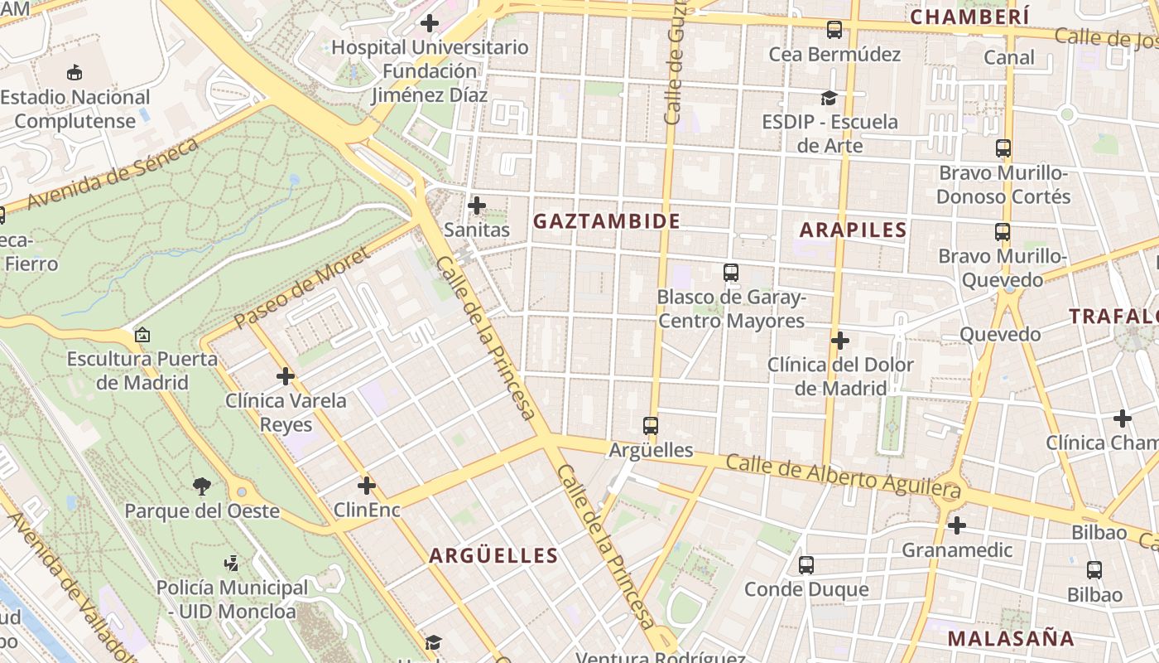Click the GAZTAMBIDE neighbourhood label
coord(607,221)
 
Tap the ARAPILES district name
coord(854,230)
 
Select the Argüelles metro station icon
coord(651,426)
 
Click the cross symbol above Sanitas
coord(477,206)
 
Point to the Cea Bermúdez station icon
coord(834,31)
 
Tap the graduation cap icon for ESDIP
coord(829,99)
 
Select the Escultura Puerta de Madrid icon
coord(142,336)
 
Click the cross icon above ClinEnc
coord(367,486)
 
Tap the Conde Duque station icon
coord(806,565)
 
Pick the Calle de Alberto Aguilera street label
coord(844,477)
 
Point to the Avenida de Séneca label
coord(113,174)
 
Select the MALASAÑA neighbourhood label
coord(1011,638)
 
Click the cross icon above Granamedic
coord(957,525)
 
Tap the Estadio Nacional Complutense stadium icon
coord(75,73)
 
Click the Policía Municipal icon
coord(232,564)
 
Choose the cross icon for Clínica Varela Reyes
coord(286,377)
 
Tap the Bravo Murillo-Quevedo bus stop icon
coord(1003,232)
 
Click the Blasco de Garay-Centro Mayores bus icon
coord(731,273)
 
